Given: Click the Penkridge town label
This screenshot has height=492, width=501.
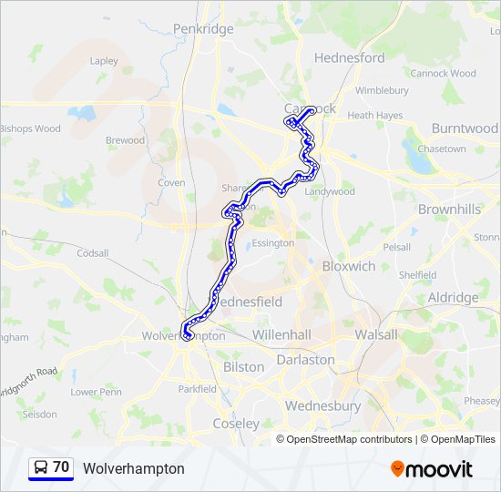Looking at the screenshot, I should click(x=203, y=29).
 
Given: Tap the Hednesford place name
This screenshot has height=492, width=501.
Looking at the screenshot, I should click(x=349, y=57).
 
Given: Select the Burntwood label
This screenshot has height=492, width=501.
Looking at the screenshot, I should click(x=465, y=128).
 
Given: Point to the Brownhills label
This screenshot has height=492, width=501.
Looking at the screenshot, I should click(x=449, y=210).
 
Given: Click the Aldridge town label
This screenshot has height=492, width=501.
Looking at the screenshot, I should click(x=453, y=298).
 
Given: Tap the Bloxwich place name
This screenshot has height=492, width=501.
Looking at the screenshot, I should click(x=349, y=267).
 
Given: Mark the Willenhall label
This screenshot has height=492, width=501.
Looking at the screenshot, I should click(x=282, y=334).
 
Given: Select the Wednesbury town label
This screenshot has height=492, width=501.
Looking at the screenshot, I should click(x=322, y=405).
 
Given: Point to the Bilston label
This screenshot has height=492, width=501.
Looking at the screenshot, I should click(x=243, y=367).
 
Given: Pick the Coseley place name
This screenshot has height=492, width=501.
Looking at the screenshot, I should click(x=236, y=424).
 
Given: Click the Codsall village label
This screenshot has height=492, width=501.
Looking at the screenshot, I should click(x=92, y=253).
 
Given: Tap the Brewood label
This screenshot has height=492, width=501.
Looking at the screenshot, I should click(x=125, y=140).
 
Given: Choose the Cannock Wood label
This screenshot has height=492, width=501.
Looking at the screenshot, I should click(x=443, y=73).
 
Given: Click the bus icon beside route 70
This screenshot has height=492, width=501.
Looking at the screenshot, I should click(x=41, y=468).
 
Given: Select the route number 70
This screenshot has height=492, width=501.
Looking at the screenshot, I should click(x=61, y=467).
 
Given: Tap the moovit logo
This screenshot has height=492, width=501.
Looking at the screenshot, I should click(x=432, y=469).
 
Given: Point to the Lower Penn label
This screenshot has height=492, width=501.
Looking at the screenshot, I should click(x=96, y=392).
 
